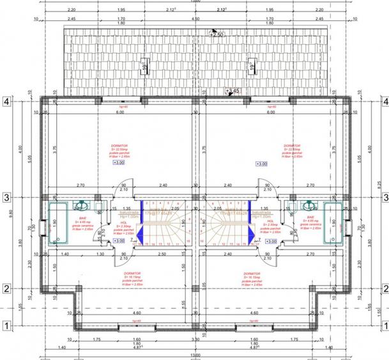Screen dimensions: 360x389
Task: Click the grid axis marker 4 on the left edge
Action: coord(6,101)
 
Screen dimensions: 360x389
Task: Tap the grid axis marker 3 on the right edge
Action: coord(383,198)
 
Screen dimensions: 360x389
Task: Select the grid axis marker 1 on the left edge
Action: coord(6,326)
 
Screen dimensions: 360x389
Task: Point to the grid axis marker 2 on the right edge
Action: coord(383,288)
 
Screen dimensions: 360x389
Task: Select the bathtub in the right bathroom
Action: coord(333,224)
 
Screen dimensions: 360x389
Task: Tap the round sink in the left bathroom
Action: coord(81,206)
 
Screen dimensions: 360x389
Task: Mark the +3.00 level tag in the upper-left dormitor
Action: coord(118,163)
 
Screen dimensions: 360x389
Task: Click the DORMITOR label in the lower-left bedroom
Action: coord(132,273)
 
